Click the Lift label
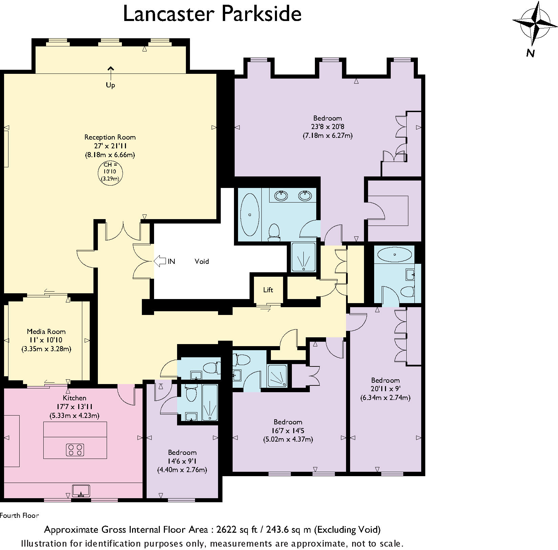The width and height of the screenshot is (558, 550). click(x=268, y=290)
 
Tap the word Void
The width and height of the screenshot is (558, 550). click(x=201, y=261)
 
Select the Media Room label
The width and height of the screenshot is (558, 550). click(x=46, y=332)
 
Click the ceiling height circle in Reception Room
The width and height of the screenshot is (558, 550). click(x=110, y=173)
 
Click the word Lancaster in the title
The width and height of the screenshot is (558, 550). click(x=169, y=14)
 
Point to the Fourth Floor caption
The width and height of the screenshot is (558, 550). click(x=20, y=516)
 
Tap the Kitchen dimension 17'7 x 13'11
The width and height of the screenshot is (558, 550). click(x=74, y=407)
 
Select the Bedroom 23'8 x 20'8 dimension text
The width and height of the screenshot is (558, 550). click(x=327, y=127)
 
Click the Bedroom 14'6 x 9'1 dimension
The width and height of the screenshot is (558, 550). click(x=182, y=461)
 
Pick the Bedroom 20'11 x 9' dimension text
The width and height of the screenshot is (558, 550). click(x=385, y=389)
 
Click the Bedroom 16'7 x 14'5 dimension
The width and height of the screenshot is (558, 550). click(x=288, y=431)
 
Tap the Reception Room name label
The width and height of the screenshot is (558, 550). click(x=110, y=137)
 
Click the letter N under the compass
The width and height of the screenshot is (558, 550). click(x=530, y=53)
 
